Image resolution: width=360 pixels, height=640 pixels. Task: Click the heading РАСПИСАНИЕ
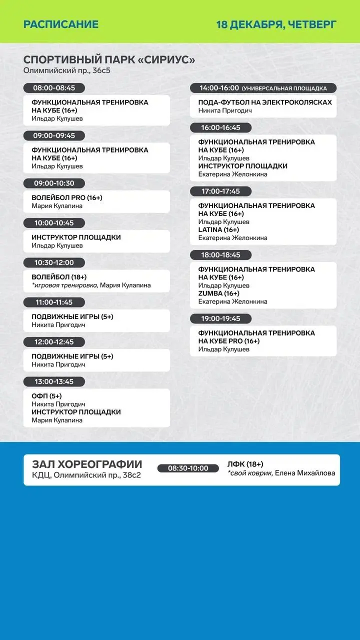click(x=61, y=24)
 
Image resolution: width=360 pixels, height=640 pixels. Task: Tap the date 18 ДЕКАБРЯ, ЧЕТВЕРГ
click(x=276, y=24)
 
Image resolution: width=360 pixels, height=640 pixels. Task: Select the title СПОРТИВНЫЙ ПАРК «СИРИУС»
click(x=109, y=60)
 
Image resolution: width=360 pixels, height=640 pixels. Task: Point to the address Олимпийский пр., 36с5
click(x=67, y=70)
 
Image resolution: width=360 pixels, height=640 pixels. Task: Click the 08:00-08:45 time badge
click(x=54, y=88)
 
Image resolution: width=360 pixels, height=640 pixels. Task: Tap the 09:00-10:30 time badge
click(x=54, y=183)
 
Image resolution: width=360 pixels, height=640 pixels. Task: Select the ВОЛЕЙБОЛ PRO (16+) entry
click(x=67, y=198)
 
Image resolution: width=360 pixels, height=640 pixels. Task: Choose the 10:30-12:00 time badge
click(x=54, y=263)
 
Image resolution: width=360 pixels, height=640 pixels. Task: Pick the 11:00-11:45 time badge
click(x=54, y=302)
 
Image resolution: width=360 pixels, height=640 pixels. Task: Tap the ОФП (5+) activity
click(x=46, y=396)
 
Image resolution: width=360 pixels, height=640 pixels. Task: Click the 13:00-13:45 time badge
click(x=54, y=382)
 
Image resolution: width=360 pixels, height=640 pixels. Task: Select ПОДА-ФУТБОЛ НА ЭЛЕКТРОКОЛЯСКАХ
click(x=265, y=102)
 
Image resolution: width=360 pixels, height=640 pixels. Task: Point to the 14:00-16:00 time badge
click(x=219, y=88)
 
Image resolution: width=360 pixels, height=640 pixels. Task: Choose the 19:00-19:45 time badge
click(x=220, y=318)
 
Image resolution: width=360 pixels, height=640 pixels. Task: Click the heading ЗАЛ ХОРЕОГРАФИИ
click(x=87, y=464)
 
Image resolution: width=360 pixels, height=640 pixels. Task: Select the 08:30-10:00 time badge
click(x=188, y=468)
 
